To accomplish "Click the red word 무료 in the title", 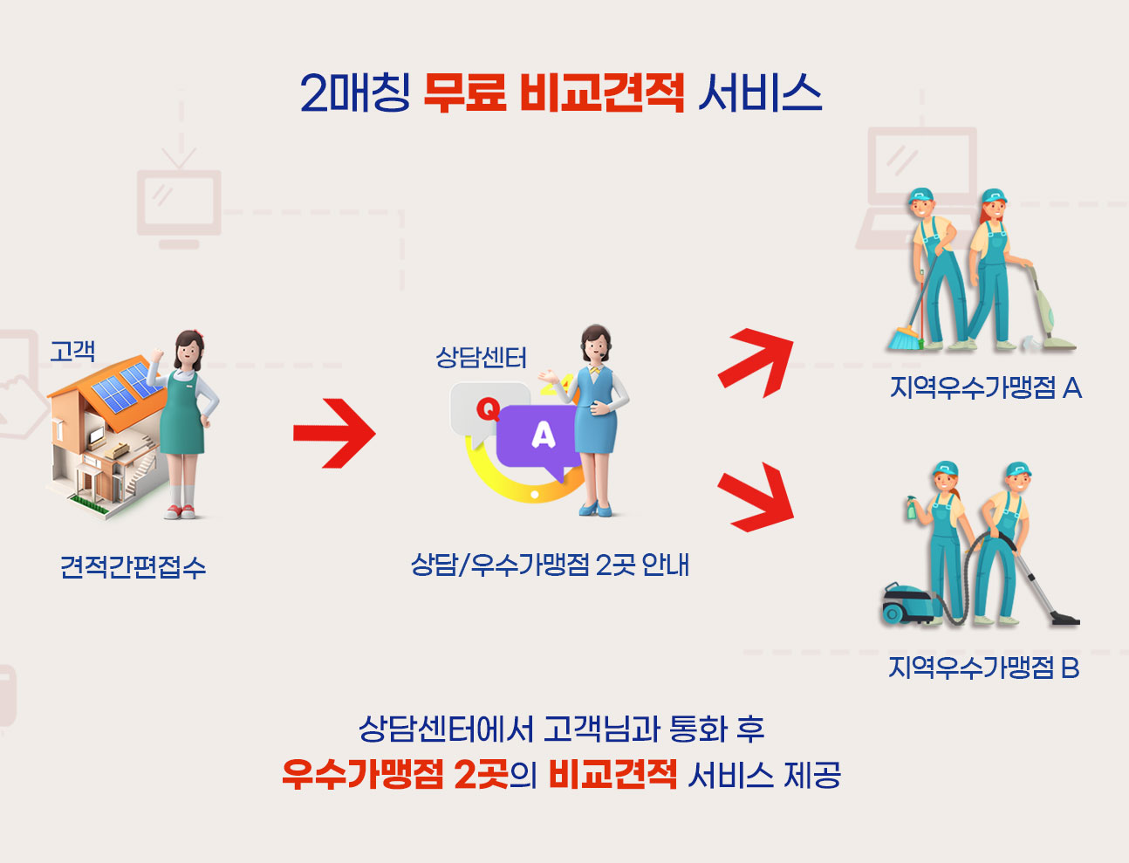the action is (465, 92).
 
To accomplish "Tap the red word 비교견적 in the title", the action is (602, 92).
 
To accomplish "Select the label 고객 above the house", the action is (72, 351).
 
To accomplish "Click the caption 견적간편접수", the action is (133, 567).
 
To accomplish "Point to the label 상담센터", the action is (481, 358).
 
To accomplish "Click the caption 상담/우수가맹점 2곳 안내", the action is (550, 565).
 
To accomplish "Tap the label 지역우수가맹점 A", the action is (986, 387).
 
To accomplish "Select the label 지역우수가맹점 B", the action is (983, 668).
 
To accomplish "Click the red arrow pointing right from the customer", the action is (334, 433).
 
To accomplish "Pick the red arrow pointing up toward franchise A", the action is (756, 363).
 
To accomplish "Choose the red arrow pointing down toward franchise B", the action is (756, 497).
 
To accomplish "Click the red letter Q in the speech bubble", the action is (488, 410).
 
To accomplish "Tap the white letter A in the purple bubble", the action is (544, 435).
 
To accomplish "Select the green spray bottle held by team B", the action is (911, 507).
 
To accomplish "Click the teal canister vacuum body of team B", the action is (907, 604).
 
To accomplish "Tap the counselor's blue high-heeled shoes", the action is (595, 509).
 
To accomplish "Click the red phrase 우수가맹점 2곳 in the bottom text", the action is (395, 775).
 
